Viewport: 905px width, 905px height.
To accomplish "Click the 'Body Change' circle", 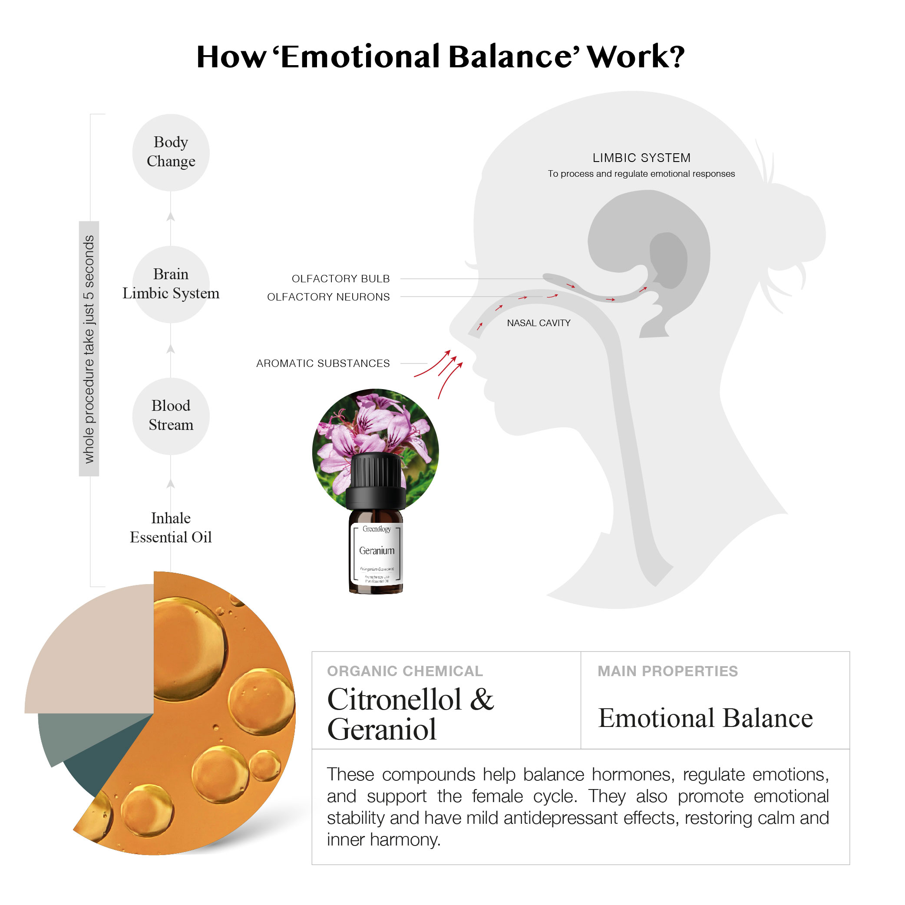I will tap(171, 152).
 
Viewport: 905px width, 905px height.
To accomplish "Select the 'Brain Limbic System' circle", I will tap(171, 284).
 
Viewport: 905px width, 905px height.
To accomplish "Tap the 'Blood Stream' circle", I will tap(171, 416).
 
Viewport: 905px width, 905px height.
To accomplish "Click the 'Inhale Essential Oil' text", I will tap(171, 528).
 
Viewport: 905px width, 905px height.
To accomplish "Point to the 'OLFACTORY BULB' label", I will tap(340, 279).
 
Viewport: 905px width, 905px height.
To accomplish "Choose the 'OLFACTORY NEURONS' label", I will tap(328, 297).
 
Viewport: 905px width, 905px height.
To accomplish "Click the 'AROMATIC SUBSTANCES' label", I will tap(323, 363).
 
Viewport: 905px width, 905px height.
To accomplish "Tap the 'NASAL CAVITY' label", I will tap(538, 323).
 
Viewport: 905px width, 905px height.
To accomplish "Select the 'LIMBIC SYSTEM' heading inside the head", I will tap(641, 158).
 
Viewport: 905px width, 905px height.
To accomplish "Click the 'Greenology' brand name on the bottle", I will tap(377, 529).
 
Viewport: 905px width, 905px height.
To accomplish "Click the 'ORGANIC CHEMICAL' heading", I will tap(405, 671).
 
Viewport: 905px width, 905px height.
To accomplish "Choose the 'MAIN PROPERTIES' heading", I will tap(667, 671).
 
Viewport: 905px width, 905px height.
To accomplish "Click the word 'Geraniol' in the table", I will tap(382, 729).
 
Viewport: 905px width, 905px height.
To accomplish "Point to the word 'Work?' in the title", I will tap(636, 57).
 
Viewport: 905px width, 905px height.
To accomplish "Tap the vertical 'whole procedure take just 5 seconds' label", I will tap(89, 349).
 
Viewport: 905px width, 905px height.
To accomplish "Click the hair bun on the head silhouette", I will tap(792, 230).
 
